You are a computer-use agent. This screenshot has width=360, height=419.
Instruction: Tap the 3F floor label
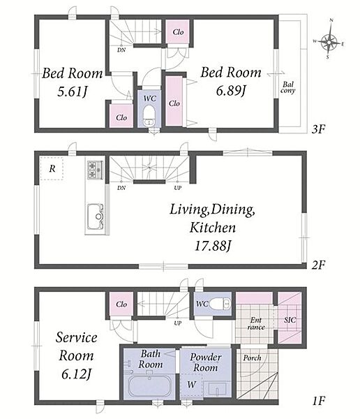tap(318, 129)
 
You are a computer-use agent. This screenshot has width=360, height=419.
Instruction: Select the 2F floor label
tap(318, 265)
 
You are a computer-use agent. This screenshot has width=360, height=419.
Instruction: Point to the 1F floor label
tap(318, 401)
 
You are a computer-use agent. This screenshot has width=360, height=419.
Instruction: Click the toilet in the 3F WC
tap(149, 116)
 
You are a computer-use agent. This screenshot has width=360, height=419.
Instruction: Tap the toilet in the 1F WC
tap(220, 304)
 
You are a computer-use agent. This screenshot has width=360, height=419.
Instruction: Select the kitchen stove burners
tap(95, 170)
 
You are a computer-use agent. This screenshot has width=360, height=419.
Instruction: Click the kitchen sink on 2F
tap(95, 216)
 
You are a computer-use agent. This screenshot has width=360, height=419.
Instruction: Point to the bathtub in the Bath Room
tap(149, 385)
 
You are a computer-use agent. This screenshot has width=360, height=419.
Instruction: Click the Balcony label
tap(288, 88)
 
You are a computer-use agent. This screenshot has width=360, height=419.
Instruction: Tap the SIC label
tap(290, 320)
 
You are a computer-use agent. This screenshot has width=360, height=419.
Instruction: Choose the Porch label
tap(252, 358)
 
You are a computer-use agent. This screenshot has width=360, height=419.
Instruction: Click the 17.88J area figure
tap(212, 246)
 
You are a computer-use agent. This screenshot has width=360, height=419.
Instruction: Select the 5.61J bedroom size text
tap(72, 92)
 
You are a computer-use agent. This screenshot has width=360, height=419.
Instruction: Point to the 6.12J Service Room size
tap(76, 374)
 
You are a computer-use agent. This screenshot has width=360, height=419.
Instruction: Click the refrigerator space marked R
tap(52, 168)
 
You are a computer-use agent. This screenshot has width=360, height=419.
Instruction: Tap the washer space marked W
tap(191, 385)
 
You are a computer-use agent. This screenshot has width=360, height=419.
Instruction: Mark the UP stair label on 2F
tap(178, 188)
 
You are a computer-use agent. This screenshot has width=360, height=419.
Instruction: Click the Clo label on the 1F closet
tap(121, 304)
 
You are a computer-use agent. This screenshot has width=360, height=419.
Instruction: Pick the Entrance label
tap(256, 323)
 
